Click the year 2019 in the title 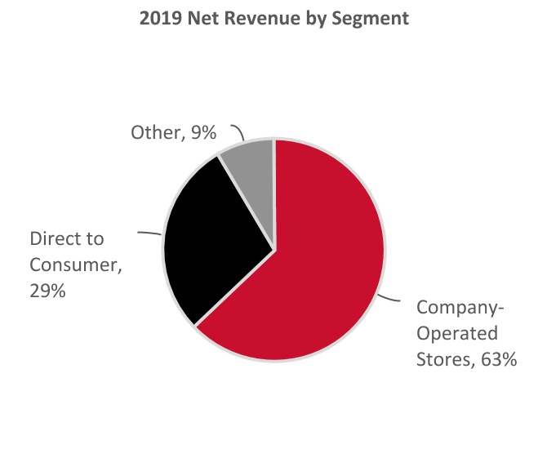159,18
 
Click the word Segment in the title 375,18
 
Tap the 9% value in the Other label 202,131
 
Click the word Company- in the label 460,309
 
